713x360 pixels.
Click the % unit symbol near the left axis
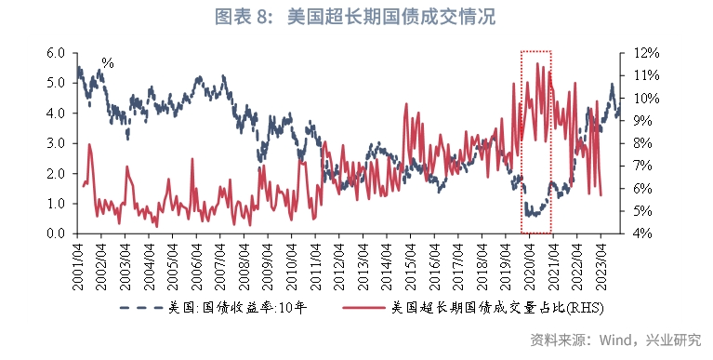pos(108,64)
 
